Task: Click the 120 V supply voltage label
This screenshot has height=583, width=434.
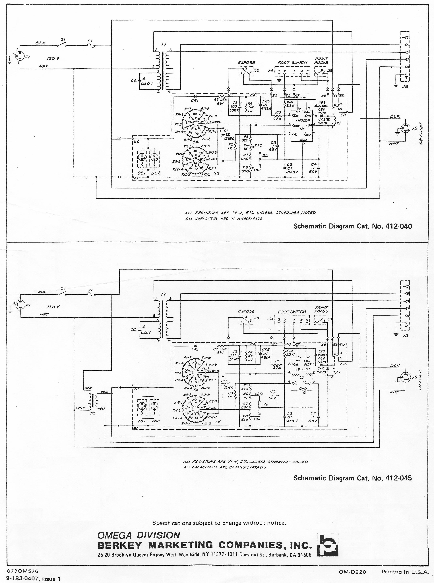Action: click(x=53, y=58)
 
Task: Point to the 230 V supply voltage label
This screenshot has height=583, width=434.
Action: click(x=53, y=307)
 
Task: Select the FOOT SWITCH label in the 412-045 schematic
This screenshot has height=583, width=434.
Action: click(x=292, y=312)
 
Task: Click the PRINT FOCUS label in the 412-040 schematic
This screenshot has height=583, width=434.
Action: click(x=321, y=61)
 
